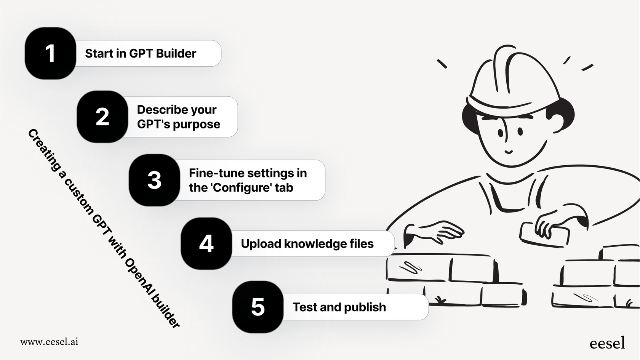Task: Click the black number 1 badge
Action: [x=50, y=53]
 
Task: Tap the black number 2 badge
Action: [x=102, y=117]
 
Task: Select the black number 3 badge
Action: [x=154, y=180]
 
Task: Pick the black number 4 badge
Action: [x=206, y=243]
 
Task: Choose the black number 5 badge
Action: [x=258, y=307]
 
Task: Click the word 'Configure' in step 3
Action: [x=241, y=187]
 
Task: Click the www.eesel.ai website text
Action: [x=49, y=342]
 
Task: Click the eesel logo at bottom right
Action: [x=607, y=343]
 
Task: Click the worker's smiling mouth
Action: [x=509, y=152]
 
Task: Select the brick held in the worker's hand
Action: [x=545, y=234]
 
